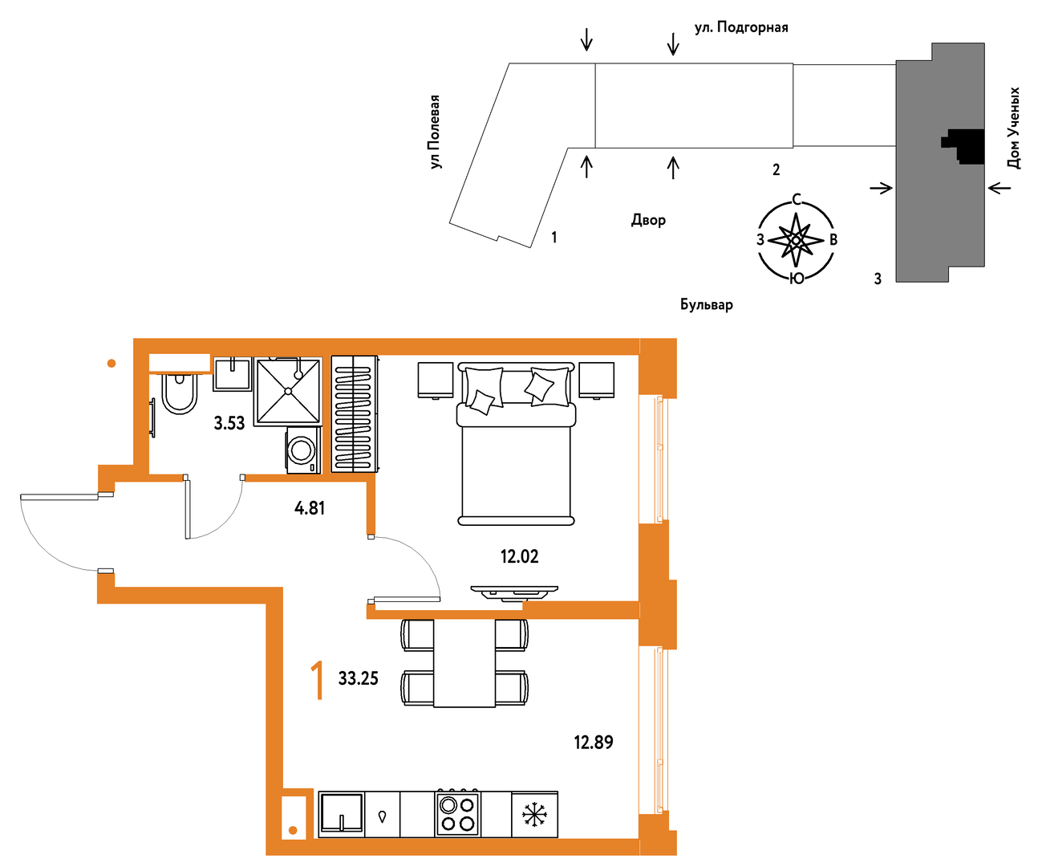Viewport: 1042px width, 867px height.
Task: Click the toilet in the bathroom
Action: tap(180, 393)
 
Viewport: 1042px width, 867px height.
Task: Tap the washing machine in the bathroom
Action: tap(303, 450)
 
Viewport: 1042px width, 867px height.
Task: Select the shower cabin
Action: tap(288, 392)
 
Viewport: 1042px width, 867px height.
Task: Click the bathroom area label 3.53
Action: tap(229, 424)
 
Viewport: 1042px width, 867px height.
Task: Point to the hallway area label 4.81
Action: tap(310, 508)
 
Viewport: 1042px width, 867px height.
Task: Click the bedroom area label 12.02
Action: tap(520, 556)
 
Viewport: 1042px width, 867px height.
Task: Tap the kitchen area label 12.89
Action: tap(594, 742)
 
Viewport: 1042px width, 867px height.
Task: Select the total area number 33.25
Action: tap(359, 678)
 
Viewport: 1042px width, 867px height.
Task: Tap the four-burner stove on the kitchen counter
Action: tap(457, 813)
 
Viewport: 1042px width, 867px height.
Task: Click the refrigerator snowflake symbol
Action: tap(534, 815)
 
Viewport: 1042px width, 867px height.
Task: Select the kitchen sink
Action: tap(342, 813)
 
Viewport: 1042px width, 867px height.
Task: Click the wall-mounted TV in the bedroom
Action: tap(514, 592)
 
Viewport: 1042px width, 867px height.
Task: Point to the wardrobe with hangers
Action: tap(355, 414)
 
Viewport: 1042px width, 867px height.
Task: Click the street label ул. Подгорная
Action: tap(741, 27)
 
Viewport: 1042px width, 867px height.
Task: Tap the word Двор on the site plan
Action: tap(648, 220)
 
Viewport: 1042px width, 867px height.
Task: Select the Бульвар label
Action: tap(706, 304)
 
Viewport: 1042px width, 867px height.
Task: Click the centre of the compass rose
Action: tap(796, 241)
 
